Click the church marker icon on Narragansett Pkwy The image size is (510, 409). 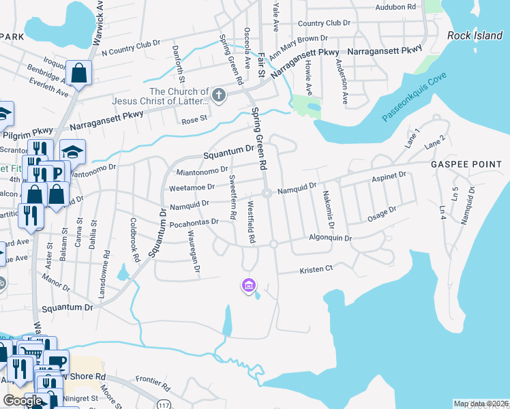point(219,95)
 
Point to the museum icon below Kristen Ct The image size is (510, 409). point(248,285)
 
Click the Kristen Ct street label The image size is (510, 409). point(316,270)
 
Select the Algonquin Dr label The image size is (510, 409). point(330,239)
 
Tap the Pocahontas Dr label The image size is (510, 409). point(194,222)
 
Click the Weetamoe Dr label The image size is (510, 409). point(192,186)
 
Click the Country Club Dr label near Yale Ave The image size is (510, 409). point(323,22)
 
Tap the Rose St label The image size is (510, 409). point(194,121)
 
